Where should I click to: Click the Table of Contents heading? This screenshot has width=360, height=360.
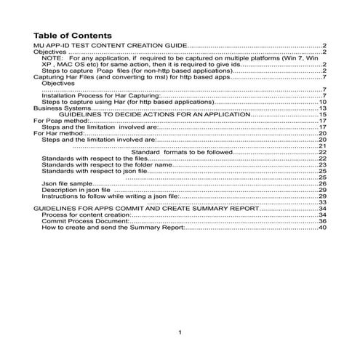coord(73,36)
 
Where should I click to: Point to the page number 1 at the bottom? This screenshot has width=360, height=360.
coord(180,332)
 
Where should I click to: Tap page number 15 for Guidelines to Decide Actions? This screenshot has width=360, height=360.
coord(322,115)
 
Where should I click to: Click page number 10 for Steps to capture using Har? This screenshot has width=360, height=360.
coord(322,102)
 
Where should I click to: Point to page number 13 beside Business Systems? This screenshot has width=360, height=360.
coord(322,108)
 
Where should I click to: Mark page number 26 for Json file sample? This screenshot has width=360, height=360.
coord(322,184)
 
